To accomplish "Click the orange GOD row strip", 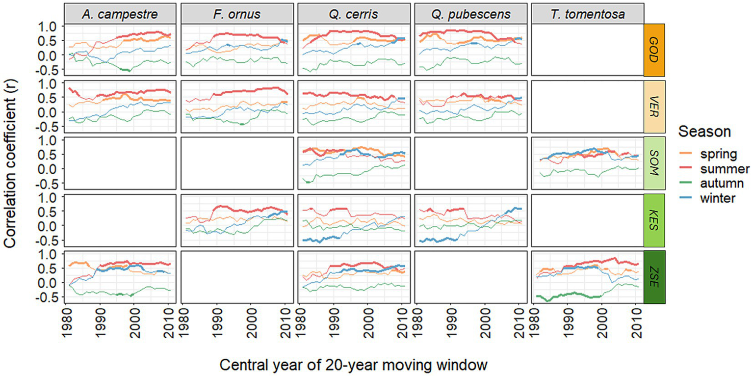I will click(654, 49).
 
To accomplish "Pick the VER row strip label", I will click(654, 107).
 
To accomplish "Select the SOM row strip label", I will click(654, 163).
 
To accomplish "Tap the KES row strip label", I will click(654, 220).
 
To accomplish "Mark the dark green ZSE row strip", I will click(654, 277).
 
